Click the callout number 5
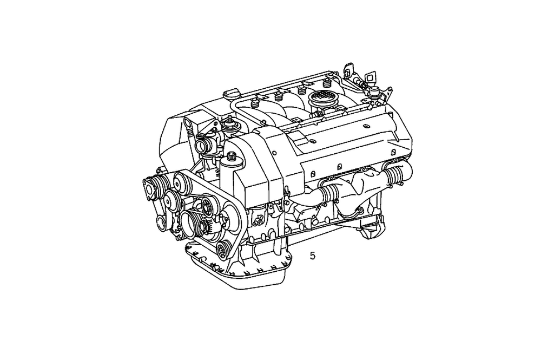(313, 256)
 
